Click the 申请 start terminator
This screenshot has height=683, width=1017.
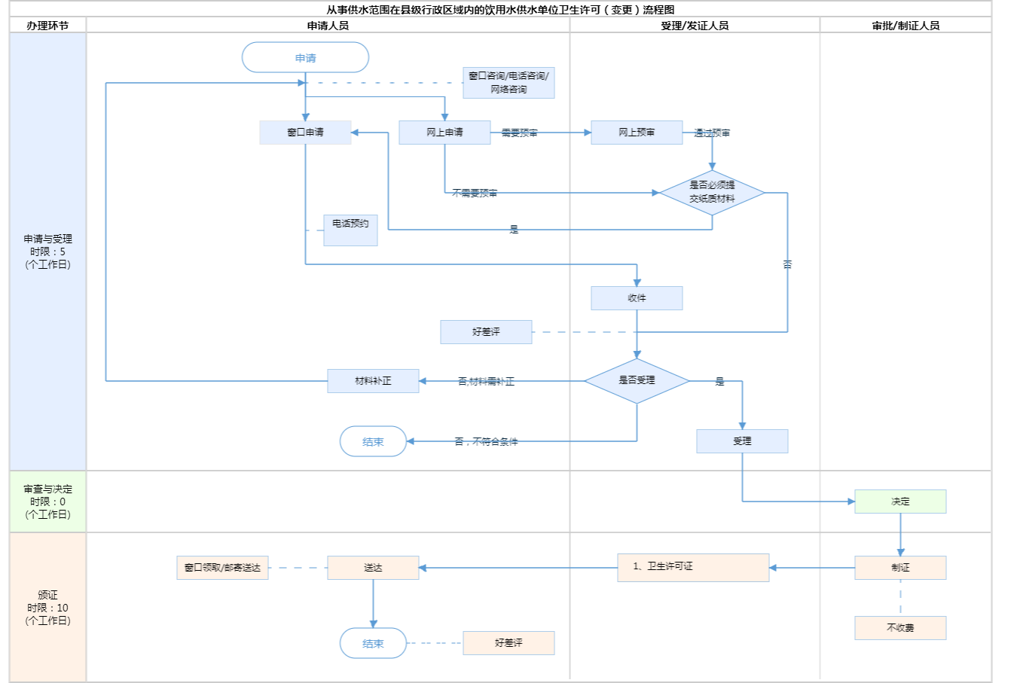click(305, 58)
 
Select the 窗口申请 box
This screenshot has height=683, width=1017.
click(305, 133)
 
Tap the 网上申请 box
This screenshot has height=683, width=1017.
click(444, 133)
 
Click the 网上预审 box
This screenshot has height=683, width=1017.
click(637, 133)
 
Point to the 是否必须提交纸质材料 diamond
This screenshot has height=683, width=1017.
click(712, 193)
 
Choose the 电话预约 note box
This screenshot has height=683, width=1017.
click(350, 230)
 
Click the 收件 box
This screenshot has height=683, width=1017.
click(637, 298)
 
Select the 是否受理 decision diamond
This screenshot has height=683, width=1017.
click(637, 381)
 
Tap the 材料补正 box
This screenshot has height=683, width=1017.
click(373, 381)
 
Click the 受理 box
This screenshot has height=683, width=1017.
click(742, 441)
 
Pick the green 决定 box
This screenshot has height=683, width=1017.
click(900, 502)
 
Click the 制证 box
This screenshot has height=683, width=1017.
click(900, 568)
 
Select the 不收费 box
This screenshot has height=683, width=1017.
click(900, 628)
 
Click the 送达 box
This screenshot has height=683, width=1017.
click(373, 568)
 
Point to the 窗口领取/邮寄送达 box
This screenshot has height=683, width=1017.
click(222, 568)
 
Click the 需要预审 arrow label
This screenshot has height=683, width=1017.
click(519, 133)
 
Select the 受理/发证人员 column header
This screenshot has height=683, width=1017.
click(695, 26)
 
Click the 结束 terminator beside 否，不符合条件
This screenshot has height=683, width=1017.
click(373, 442)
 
